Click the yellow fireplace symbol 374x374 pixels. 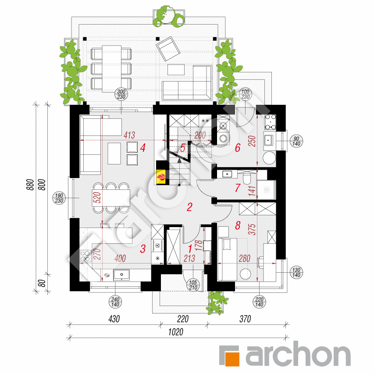[161, 177]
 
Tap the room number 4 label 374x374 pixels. [142, 148]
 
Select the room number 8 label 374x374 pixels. [238, 225]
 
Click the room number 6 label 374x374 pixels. [238, 148]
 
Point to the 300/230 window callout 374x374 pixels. [121, 94]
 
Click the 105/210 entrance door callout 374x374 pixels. [193, 285]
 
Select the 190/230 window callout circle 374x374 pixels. [59, 198]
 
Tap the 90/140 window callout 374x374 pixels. [296, 141]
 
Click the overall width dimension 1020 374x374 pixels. [176, 332]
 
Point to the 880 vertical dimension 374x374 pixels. [30, 185]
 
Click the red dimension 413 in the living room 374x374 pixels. [129, 135]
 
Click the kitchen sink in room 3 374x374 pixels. [121, 275]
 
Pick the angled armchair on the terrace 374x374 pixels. [168, 49]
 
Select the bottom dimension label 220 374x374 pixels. [183, 319]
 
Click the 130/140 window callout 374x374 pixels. [296, 272]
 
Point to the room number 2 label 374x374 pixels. [189, 207]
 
